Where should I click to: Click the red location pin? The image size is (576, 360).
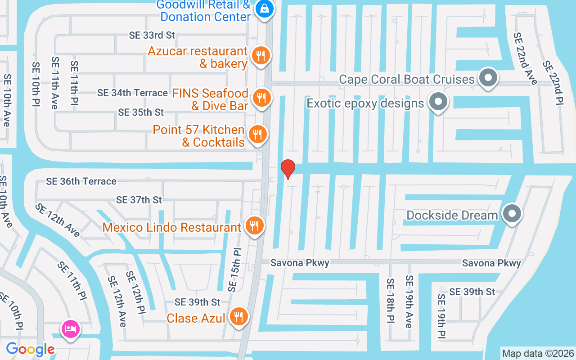(x=288, y=169)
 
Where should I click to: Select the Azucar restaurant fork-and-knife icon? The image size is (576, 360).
(x=260, y=56)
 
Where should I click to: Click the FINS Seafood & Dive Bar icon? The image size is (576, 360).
(x=260, y=98)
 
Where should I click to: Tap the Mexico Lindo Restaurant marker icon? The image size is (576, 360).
(x=254, y=226)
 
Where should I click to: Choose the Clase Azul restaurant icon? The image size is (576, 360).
(x=238, y=317)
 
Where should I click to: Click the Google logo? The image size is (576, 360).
(x=30, y=349)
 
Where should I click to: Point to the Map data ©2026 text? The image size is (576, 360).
(x=538, y=353)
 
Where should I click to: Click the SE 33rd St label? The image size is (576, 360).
(x=152, y=35)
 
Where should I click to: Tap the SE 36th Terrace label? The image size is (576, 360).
(x=81, y=181)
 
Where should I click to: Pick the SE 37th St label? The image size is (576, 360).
(x=139, y=199)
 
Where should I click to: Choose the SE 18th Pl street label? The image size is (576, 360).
(x=390, y=301)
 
